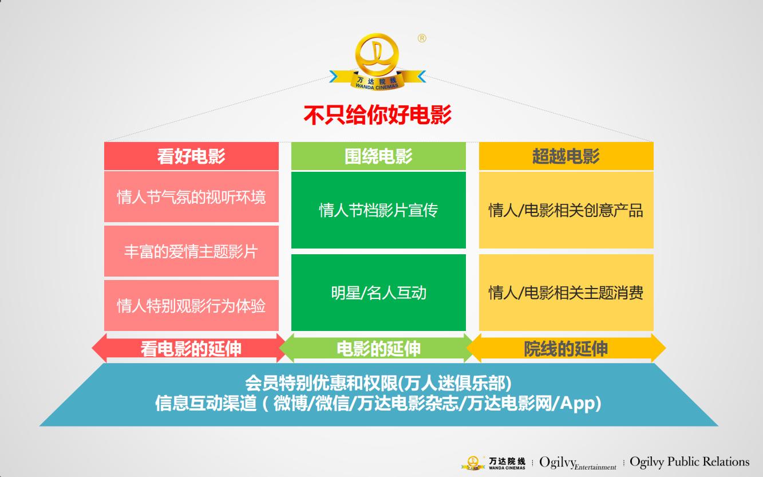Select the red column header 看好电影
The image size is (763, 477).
191,156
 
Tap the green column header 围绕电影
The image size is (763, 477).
378,156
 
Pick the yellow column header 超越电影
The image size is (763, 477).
566,156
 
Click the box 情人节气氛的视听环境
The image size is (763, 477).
191,197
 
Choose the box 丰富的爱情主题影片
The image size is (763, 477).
191,251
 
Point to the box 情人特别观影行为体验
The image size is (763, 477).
191,305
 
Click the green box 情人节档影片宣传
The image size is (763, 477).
378,210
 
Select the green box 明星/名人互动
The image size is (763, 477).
378,293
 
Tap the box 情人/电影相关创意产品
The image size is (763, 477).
566,210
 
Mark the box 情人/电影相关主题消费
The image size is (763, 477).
566,293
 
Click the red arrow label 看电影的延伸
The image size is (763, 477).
191,349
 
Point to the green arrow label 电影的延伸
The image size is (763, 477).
378,349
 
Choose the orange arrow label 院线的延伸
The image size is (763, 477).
566,349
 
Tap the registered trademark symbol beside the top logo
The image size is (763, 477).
422,38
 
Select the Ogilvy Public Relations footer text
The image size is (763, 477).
689,462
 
